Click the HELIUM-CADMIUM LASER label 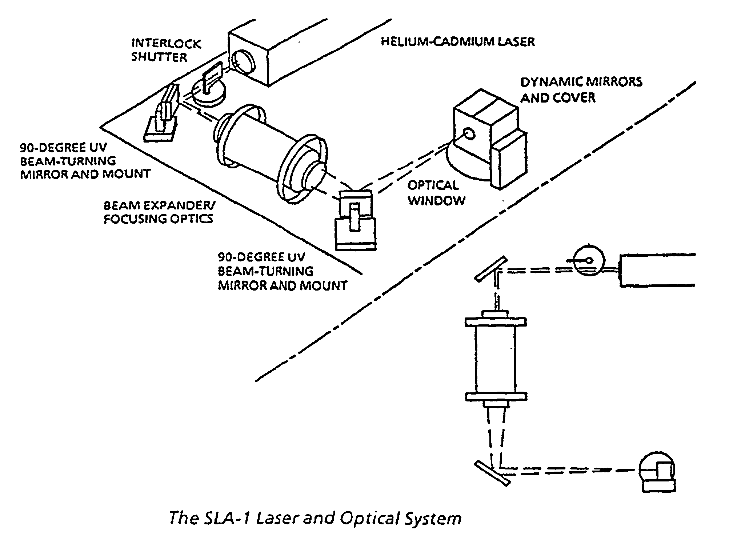coord(458,41)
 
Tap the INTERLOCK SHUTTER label coord(166,50)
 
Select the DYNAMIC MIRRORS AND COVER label coord(581,89)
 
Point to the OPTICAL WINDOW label coord(436,193)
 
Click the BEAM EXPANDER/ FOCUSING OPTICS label coord(159,212)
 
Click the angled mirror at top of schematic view coord(491,269)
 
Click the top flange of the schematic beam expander coord(496,321)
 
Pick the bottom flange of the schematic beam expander coord(496,396)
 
